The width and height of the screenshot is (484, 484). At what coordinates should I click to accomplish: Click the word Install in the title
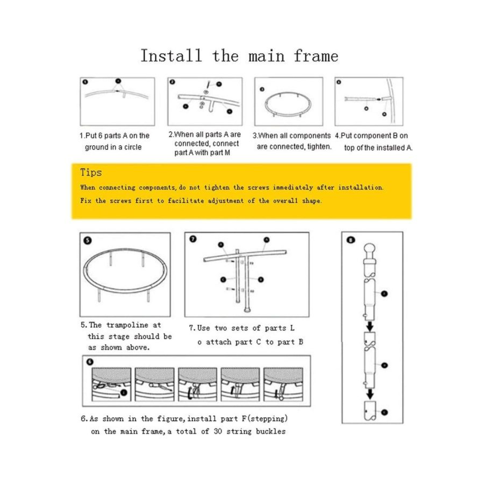(171, 56)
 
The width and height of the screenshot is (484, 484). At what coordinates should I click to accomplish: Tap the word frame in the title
(316, 56)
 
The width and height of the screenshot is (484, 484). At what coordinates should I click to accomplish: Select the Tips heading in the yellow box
(91, 172)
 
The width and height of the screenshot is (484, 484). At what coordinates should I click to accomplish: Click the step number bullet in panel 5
(88, 241)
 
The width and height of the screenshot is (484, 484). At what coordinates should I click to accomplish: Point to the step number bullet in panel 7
(193, 239)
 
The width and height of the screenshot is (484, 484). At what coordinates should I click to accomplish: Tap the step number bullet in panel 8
(350, 240)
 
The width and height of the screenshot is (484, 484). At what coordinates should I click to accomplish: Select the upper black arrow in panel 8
(370, 326)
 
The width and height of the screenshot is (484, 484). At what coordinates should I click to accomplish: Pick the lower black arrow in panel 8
(370, 394)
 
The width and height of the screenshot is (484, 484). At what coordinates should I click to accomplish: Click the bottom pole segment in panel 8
(370, 410)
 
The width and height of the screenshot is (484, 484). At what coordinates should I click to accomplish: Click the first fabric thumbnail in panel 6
(111, 384)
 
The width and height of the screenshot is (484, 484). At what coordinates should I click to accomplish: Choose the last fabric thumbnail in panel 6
(283, 384)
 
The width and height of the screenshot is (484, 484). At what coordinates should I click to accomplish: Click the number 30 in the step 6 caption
(218, 431)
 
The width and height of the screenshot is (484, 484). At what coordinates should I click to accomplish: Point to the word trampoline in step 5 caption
(127, 325)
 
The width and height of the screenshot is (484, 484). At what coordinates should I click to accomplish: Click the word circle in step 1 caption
(133, 147)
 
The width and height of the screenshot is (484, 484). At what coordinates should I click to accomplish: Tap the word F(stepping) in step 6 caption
(264, 419)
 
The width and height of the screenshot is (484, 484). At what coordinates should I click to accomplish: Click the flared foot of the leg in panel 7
(247, 310)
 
